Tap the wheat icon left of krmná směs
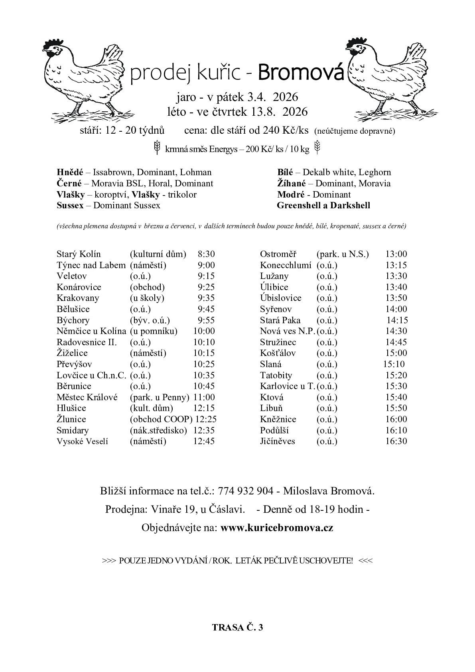(158, 147)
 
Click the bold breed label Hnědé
(70, 172)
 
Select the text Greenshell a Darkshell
(323, 206)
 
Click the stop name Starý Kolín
(79, 254)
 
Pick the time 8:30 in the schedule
(206, 254)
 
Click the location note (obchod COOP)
(161, 419)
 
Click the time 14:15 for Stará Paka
(397, 320)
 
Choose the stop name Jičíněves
(278, 441)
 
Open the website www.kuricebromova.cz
(277, 528)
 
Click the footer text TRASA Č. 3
(238, 627)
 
